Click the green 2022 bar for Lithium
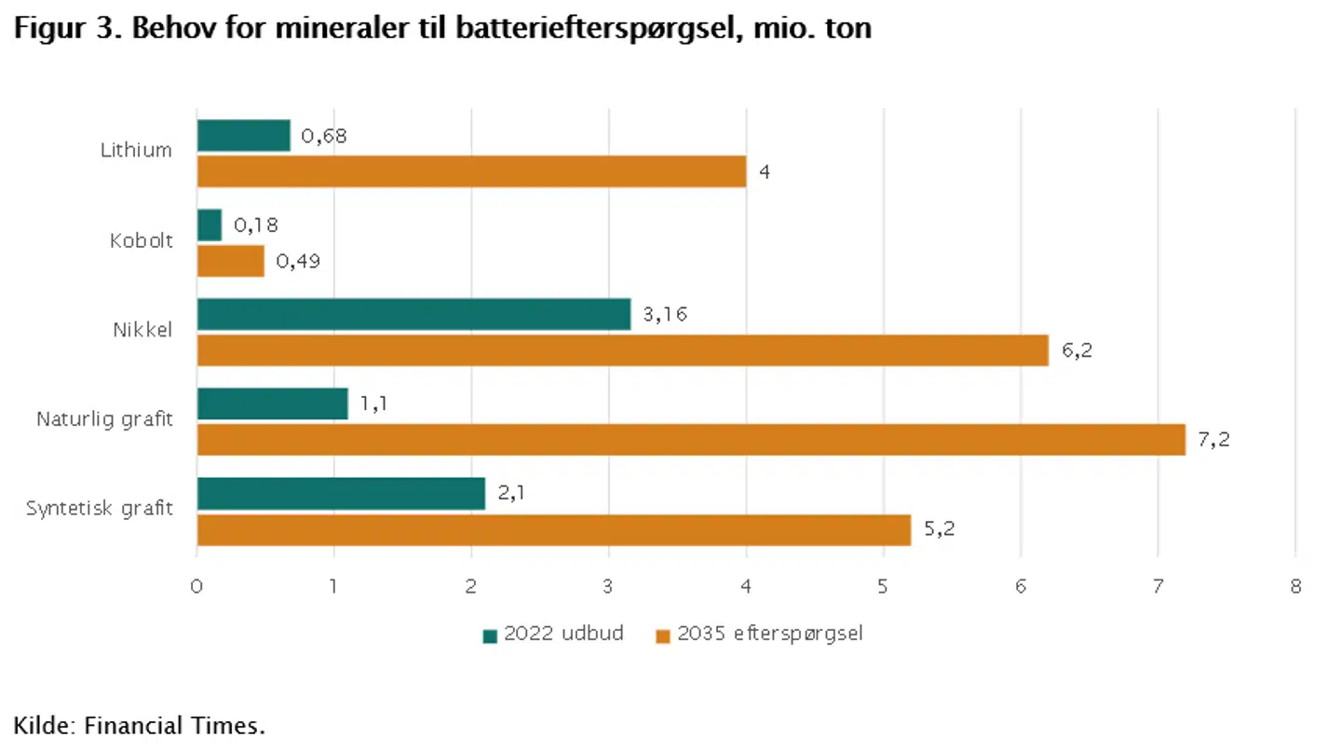[243, 136]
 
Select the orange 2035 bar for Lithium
[471, 171]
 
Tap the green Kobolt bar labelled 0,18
[210, 225]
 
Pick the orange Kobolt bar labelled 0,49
[231, 261]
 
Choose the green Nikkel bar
[413, 314]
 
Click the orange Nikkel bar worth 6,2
[622, 350]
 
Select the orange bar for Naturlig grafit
[691, 440]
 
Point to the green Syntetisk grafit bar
[341, 494]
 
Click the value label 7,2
[1213, 440]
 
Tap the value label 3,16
[665, 315]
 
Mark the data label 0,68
[324, 136]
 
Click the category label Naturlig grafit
[104, 419]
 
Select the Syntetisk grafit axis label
[99, 509]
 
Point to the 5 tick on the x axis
[884, 587]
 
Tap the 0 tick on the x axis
[196, 587]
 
